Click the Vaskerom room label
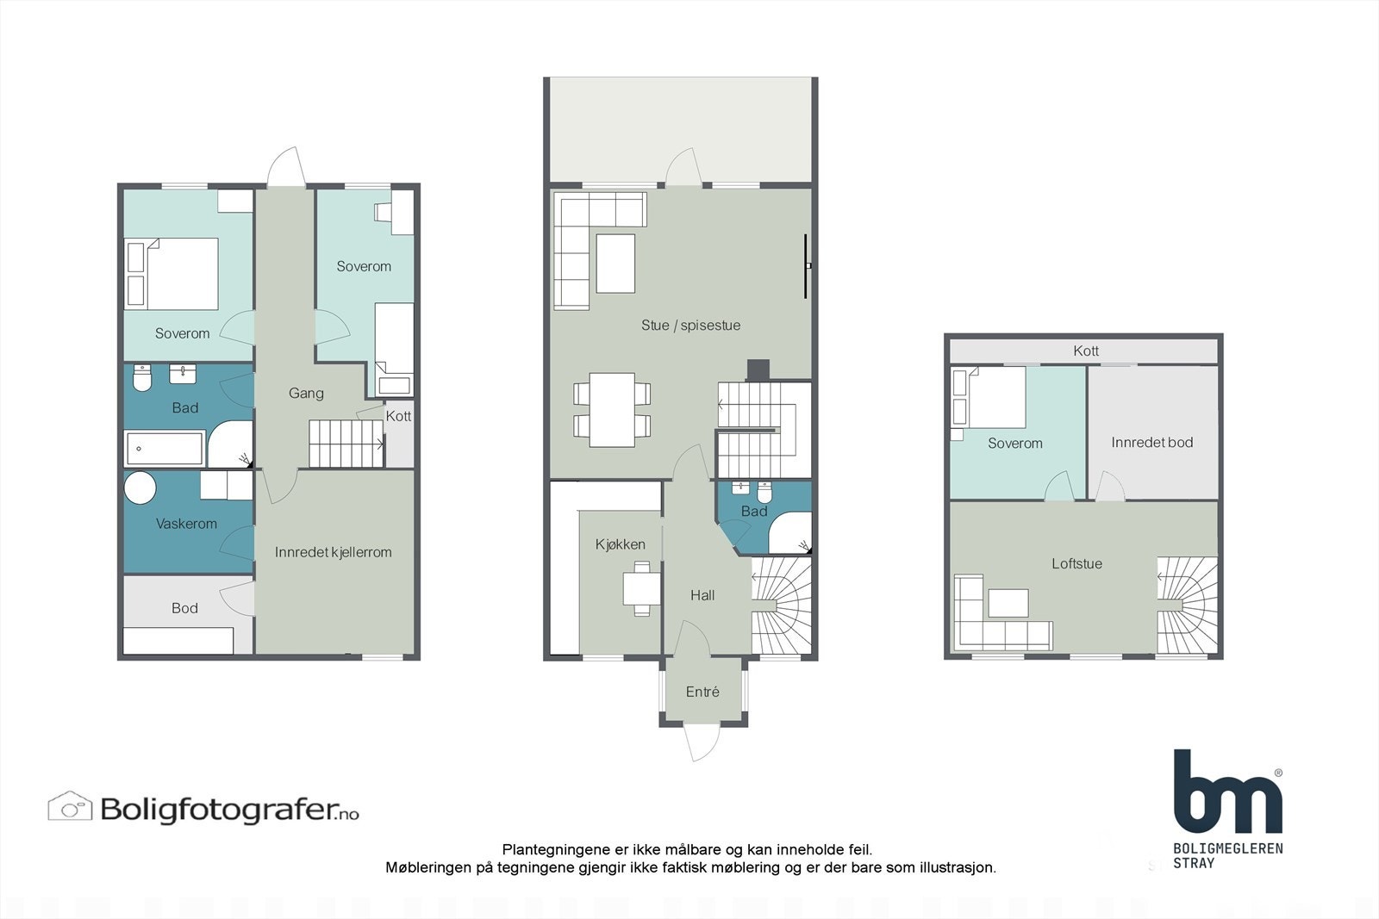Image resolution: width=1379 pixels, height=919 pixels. point(186,524)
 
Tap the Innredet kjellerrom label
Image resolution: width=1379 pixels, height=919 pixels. point(333,552)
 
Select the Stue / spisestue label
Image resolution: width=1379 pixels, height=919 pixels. point(690,326)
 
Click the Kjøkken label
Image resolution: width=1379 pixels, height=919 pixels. point(620,544)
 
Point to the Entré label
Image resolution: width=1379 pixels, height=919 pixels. point(702,692)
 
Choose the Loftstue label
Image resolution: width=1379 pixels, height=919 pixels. point(1076,564)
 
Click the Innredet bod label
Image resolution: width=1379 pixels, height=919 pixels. point(1151,443)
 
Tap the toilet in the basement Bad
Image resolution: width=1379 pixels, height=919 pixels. point(143,377)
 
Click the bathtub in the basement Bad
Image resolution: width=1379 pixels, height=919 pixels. point(165,449)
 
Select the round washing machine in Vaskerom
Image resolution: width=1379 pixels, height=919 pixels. point(140,488)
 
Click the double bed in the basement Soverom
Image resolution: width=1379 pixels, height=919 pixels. point(172,274)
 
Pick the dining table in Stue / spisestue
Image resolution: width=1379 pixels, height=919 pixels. point(612,409)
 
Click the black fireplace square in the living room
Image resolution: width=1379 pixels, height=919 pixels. point(758,369)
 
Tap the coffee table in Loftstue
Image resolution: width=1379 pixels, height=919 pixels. point(1008,603)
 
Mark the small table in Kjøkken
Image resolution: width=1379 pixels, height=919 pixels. point(642,588)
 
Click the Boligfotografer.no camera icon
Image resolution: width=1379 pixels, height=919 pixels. point(70,807)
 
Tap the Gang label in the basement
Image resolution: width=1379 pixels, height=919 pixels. point(306,394)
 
